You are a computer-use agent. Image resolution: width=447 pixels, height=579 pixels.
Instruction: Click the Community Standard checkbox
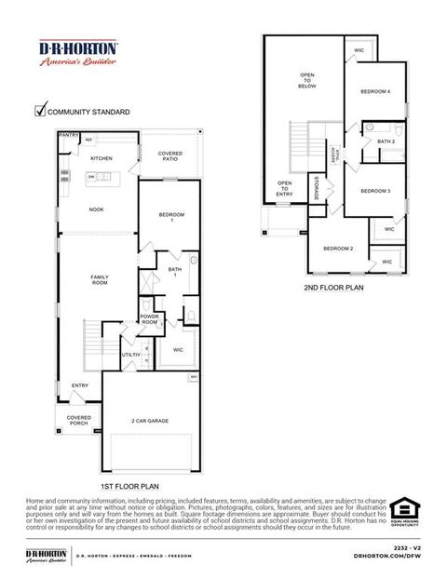point(40,110)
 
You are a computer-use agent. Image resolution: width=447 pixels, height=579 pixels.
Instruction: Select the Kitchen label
point(102,158)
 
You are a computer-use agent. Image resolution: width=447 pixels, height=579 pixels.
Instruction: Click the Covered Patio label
point(169,155)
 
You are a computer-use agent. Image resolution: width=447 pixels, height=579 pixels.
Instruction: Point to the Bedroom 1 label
point(171,218)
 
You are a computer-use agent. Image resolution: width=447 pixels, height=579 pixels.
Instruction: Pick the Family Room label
point(100,279)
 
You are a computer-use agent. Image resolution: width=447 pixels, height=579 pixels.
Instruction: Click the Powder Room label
point(150,318)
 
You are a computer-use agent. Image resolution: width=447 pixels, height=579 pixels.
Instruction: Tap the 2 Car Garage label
point(150,420)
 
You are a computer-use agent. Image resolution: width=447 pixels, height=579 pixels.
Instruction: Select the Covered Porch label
point(79,421)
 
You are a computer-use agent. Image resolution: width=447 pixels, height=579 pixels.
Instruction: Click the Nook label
point(96,209)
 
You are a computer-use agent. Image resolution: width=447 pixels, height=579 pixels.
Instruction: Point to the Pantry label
point(69,135)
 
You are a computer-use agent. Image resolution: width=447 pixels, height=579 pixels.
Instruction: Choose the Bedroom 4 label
point(375,91)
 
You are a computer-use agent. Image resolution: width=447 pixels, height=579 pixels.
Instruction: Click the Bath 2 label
point(386,141)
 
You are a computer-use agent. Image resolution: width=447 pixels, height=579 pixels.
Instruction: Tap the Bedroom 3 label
point(374,191)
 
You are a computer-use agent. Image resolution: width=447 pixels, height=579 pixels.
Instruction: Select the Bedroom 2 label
point(338,249)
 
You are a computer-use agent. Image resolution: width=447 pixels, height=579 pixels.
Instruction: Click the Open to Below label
point(307,80)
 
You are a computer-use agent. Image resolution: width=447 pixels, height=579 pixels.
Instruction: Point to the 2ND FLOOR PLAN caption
point(333,288)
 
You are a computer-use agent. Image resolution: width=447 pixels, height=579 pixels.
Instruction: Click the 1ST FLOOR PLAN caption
point(129,486)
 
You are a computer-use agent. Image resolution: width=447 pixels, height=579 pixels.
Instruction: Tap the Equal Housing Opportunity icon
point(404,511)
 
